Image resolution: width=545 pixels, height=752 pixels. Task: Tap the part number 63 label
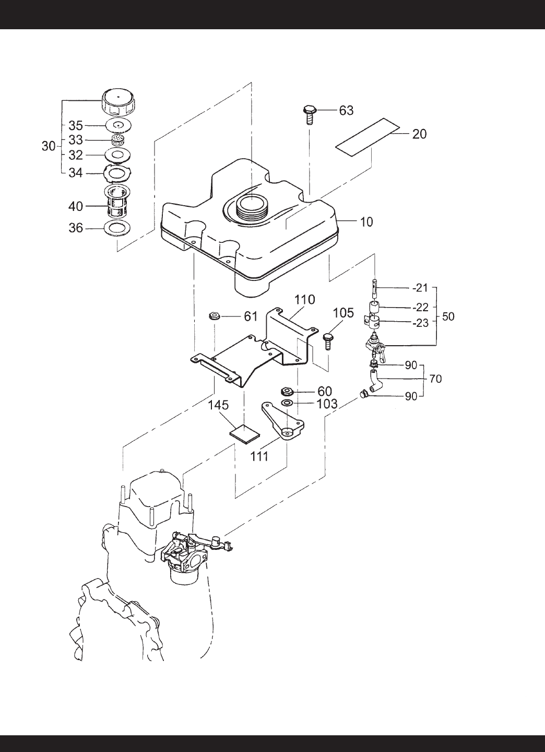[x=346, y=110]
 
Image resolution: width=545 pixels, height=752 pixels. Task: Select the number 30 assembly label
[x=49, y=146]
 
